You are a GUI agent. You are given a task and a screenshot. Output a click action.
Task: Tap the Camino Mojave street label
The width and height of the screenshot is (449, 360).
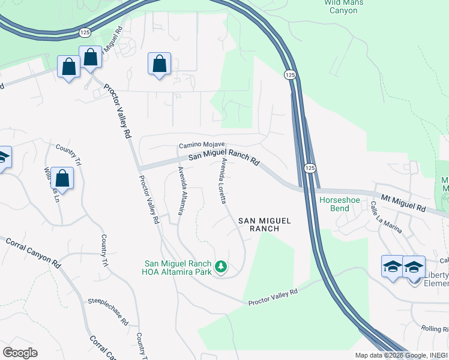[202, 145]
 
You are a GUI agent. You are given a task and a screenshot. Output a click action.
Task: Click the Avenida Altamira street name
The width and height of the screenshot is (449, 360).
[179, 190]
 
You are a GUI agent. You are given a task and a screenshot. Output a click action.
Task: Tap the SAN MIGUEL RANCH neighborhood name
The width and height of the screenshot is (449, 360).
[264, 224]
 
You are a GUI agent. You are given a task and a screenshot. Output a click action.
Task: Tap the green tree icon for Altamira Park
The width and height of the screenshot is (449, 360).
[221, 266]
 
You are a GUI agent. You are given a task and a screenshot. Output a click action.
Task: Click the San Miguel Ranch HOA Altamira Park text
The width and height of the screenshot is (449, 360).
[178, 268]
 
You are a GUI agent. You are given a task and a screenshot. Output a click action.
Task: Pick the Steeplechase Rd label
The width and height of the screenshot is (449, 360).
[108, 312]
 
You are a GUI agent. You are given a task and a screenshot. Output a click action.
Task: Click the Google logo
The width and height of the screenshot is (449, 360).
[20, 353]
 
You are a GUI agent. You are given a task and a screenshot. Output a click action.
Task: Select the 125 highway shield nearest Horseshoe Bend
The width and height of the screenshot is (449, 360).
[309, 169]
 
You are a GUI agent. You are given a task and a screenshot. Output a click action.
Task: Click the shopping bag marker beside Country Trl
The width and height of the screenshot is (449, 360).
[62, 178]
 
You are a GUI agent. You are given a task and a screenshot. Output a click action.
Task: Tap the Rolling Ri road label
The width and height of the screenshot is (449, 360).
[435, 329]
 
